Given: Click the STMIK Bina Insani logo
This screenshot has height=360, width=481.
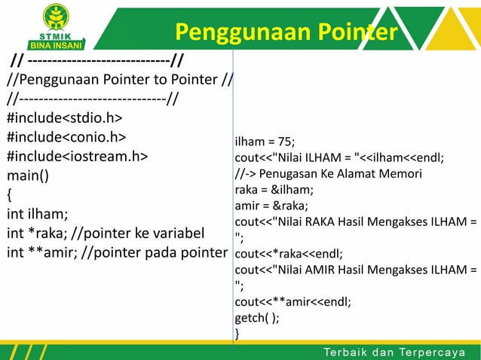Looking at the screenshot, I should pos(56,26).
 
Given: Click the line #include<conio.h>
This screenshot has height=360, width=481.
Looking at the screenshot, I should pos(66,137).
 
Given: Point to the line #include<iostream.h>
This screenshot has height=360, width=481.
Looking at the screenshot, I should pos(78,157).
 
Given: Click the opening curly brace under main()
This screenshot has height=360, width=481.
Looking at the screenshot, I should pos(10,195).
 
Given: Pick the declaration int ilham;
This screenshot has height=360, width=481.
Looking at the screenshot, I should pos(37,213).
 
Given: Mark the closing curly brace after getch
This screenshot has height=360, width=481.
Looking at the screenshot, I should pos(238,332).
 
